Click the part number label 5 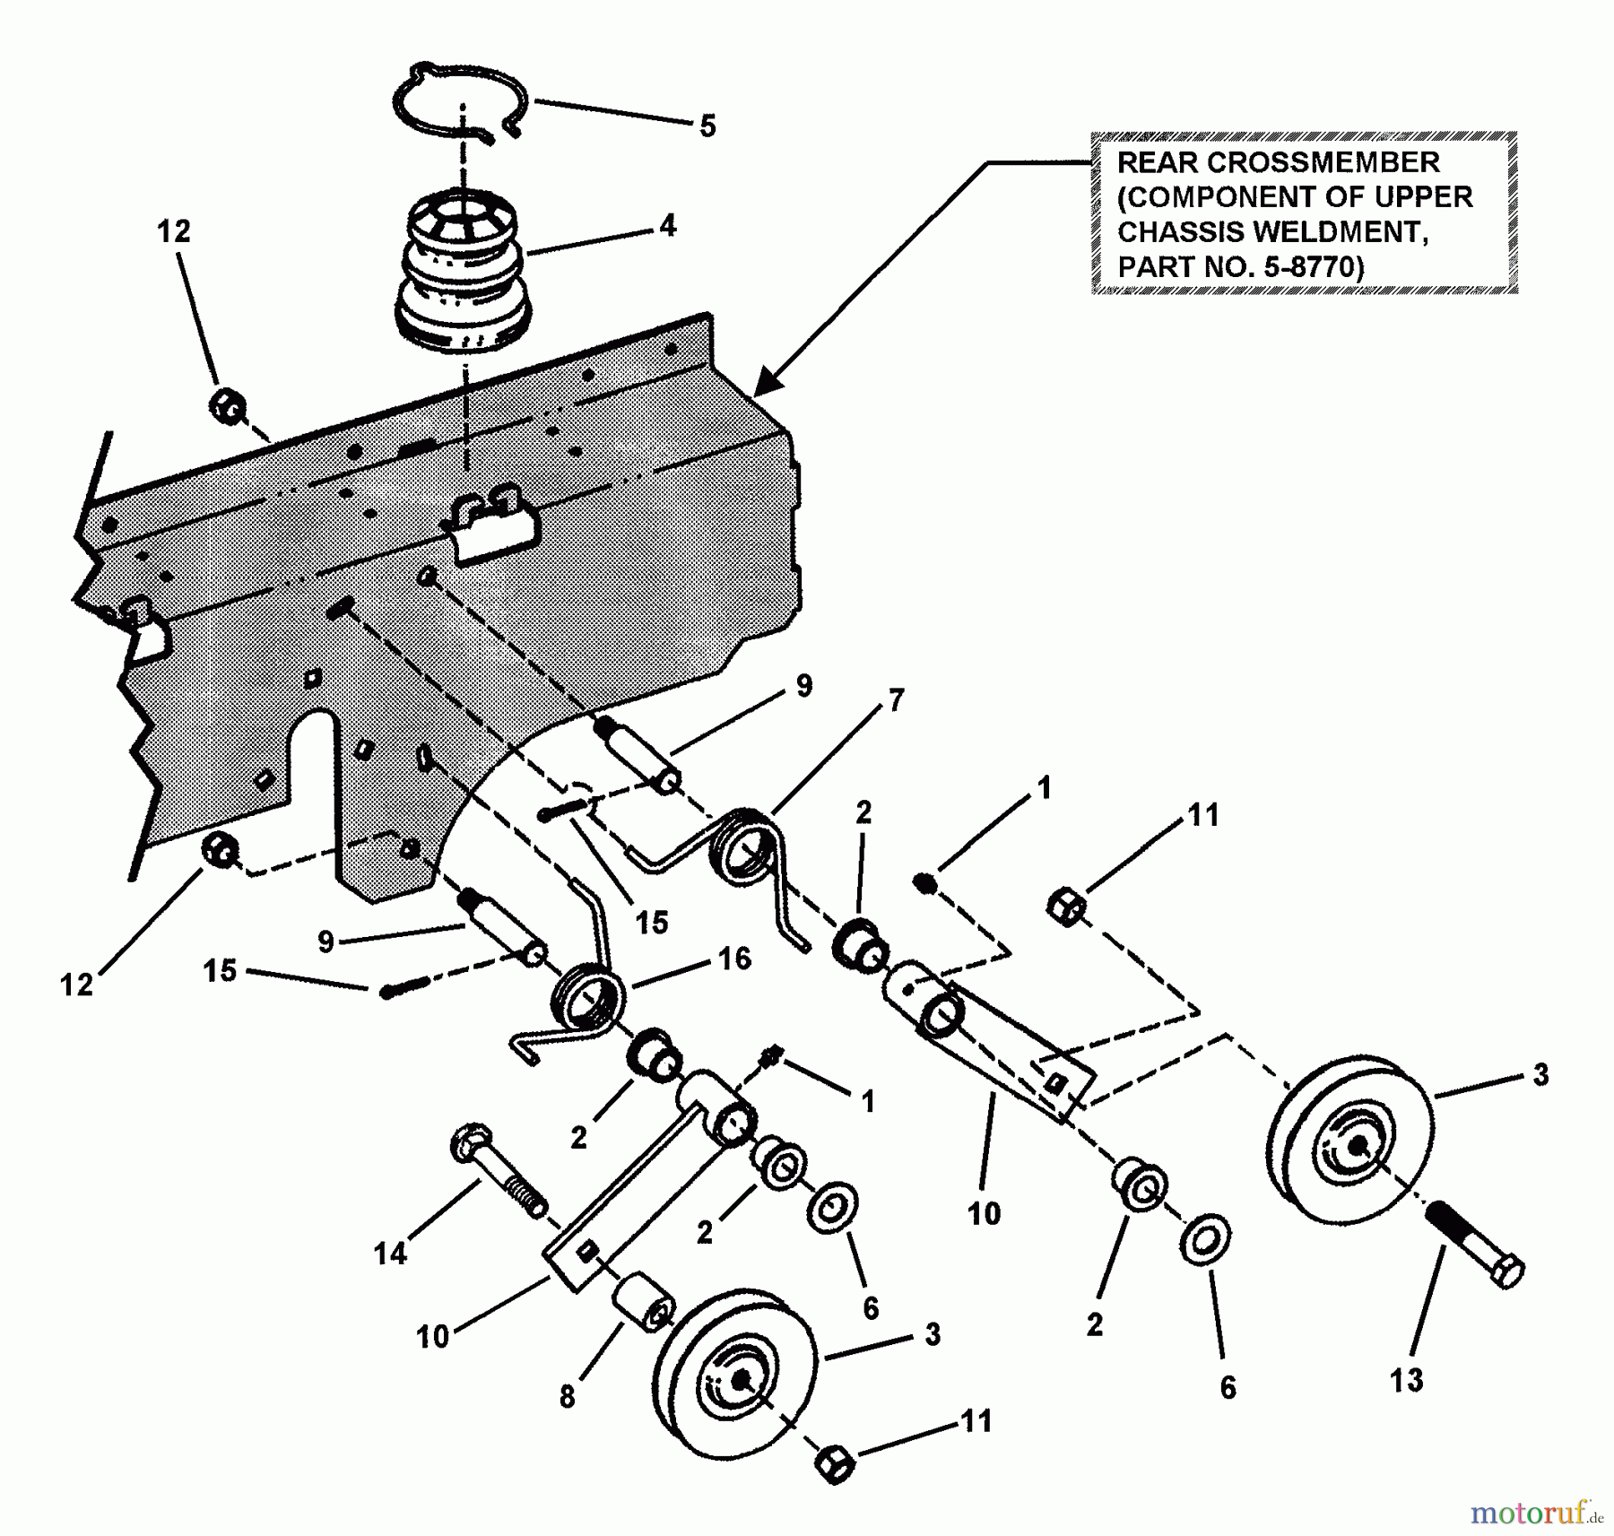point(707,127)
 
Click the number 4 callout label point(667,226)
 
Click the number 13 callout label point(1407,1380)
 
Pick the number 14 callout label point(390,1254)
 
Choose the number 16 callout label point(734,959)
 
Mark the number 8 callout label point(567,1397)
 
